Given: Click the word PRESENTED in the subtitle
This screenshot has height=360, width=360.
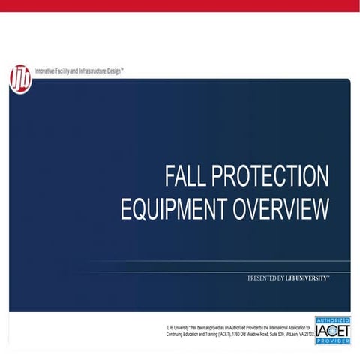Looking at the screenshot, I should (x=264, y=277).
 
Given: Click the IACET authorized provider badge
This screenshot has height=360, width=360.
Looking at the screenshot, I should (x=332, y=329).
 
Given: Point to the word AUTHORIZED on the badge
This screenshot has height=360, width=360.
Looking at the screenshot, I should (x=332, y=319).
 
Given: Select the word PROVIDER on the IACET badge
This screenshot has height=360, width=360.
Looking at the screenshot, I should (x=332, y=340).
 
